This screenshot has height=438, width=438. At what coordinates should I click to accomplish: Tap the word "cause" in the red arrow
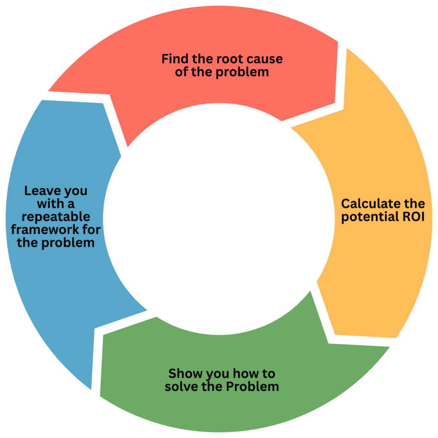(265, 59)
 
